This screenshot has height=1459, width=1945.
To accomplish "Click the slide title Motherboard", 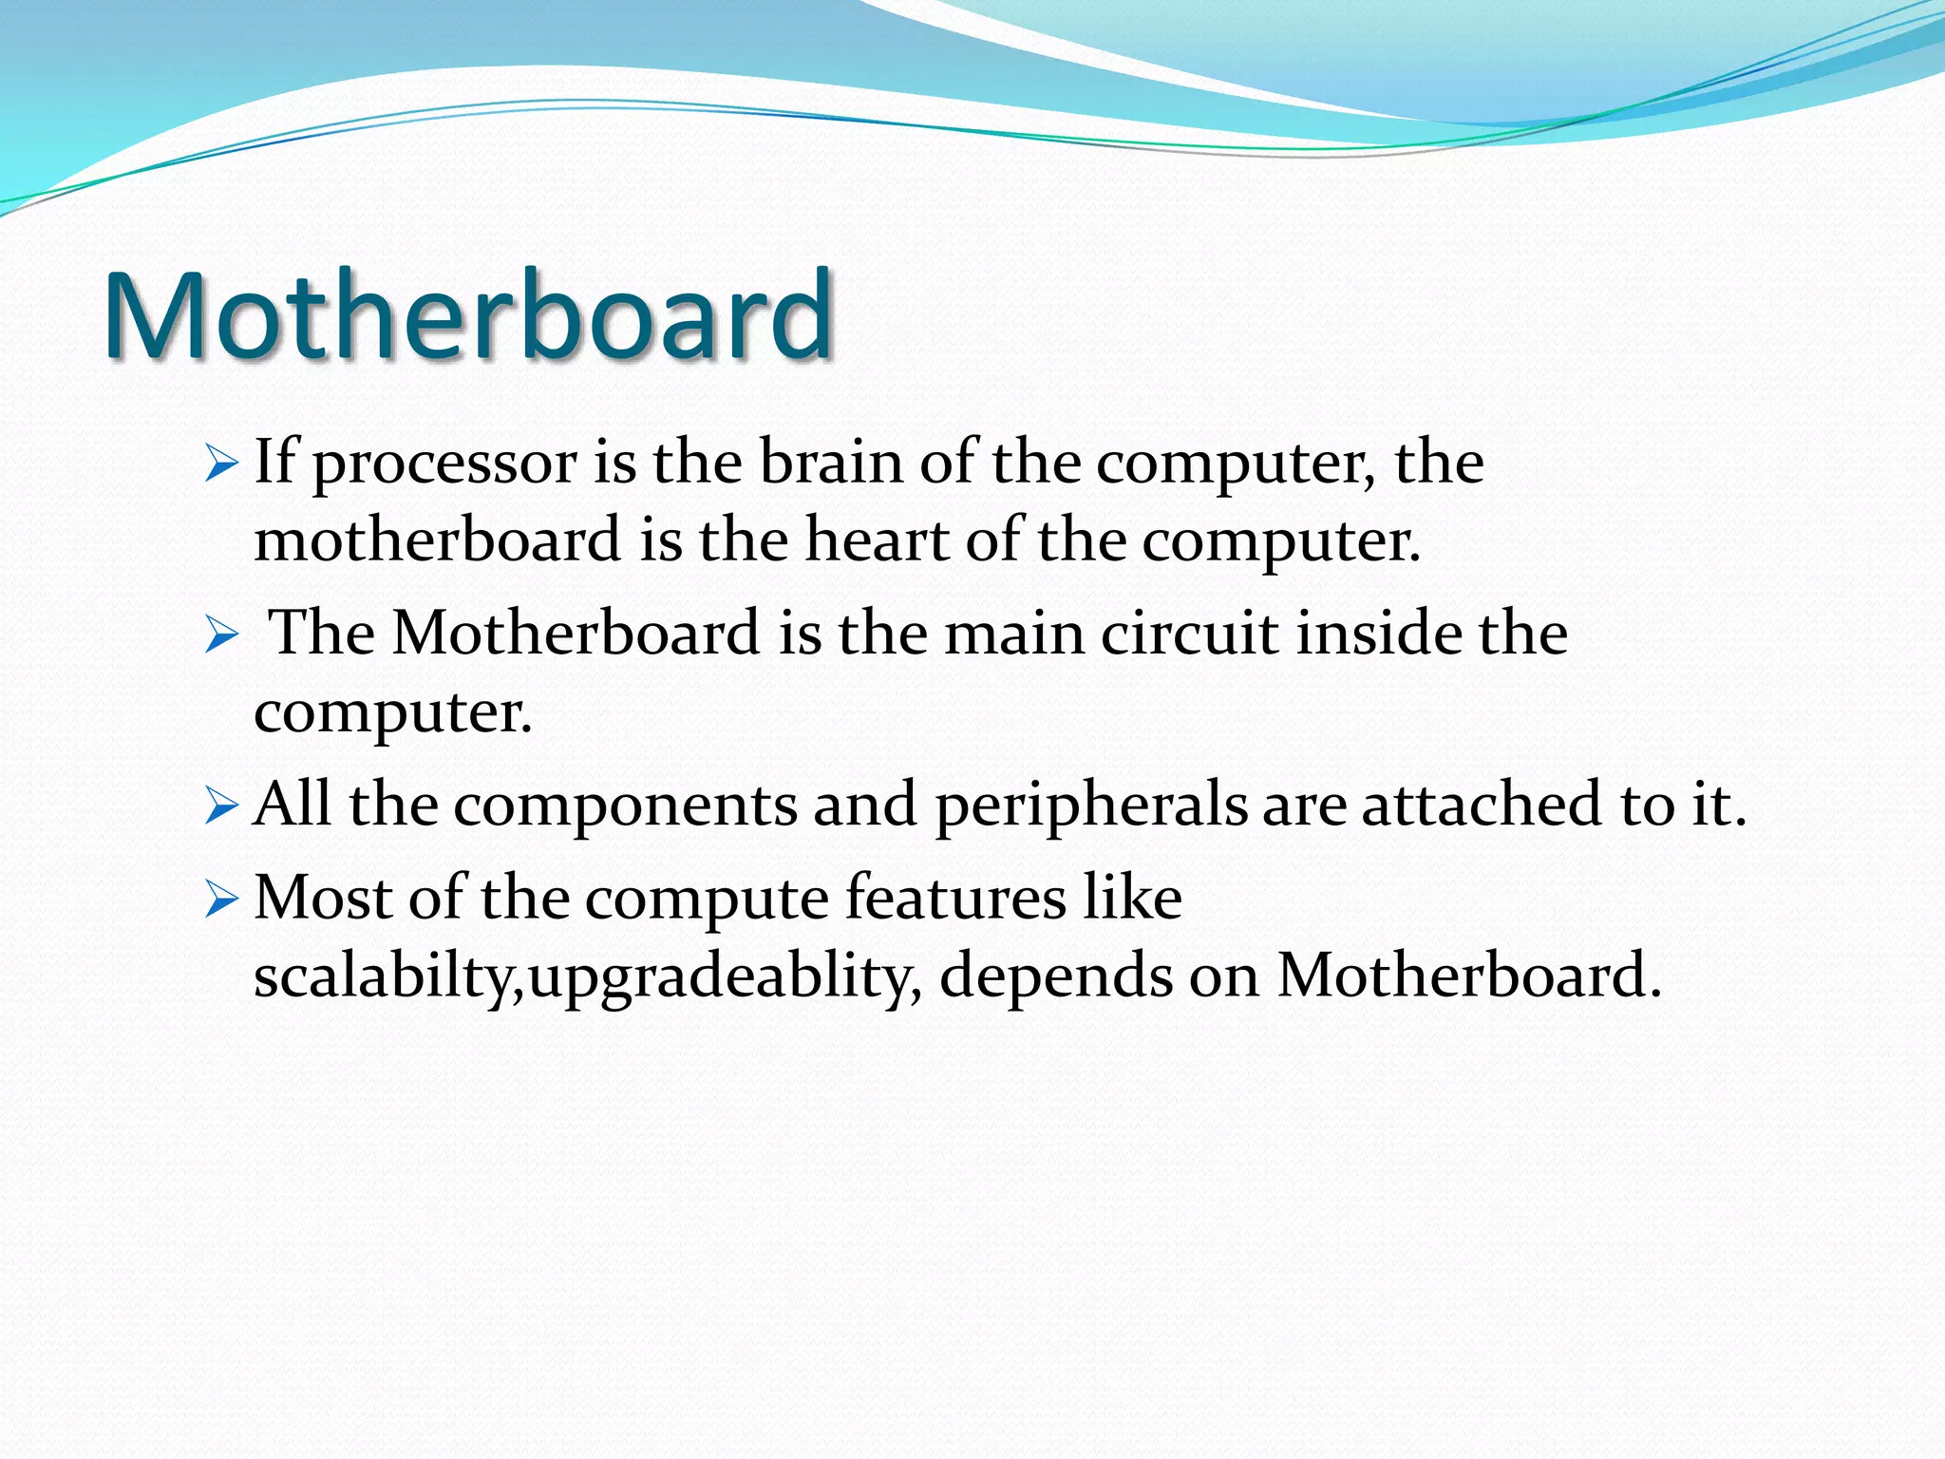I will pyautogui.click(x=468, y=315).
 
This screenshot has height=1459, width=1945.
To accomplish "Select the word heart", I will pyautogui.click(x=877, y=540).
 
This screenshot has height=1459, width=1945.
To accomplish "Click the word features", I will pyautogui.click(x=955, y=898).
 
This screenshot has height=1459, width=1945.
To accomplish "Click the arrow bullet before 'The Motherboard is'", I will pyautogui.click(x=220, y=635).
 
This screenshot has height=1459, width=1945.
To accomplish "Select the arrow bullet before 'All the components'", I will pyautogui.click(x=220, y=807).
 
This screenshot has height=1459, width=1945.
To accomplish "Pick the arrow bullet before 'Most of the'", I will pyautogui.click(x=220, y=900).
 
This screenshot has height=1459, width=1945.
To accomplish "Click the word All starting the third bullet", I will pyautogui.click(x=293, y=805).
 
